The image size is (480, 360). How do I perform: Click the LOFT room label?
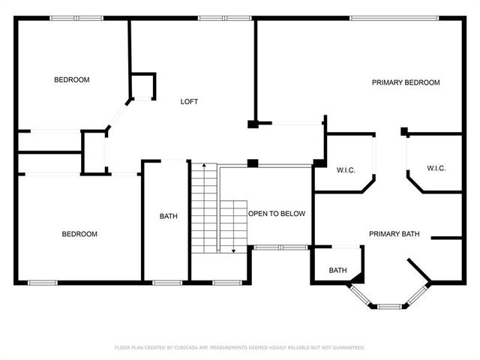tap(189, 102)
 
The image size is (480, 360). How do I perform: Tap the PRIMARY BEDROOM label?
tap(406, 82)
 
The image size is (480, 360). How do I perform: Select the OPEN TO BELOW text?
tap(277, 214)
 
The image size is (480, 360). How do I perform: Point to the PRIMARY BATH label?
tap(394, 234)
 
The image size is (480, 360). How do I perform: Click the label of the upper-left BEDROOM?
tap(72, 80)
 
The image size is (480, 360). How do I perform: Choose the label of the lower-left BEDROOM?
tap(79, 234)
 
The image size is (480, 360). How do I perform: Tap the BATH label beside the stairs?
tap(168, 217)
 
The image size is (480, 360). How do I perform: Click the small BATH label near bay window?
tap(338, 270)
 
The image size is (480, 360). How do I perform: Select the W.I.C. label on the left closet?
tap(346, 170)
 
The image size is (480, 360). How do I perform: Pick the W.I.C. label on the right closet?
tap(436, 168)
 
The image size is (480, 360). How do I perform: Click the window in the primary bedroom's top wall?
tap(394, 18)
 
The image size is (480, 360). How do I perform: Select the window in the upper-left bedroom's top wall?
tap(76, 18)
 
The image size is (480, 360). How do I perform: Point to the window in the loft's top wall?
tap(225, 18)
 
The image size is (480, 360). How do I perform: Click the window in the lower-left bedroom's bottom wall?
tap(43, 283)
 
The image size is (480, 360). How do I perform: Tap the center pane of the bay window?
tap(389, 306)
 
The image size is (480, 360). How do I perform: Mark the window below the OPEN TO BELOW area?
tap(281, 247)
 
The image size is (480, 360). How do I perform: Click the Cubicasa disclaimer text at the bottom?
tap(240, 347)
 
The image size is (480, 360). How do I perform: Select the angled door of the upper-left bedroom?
tap(118, 115)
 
